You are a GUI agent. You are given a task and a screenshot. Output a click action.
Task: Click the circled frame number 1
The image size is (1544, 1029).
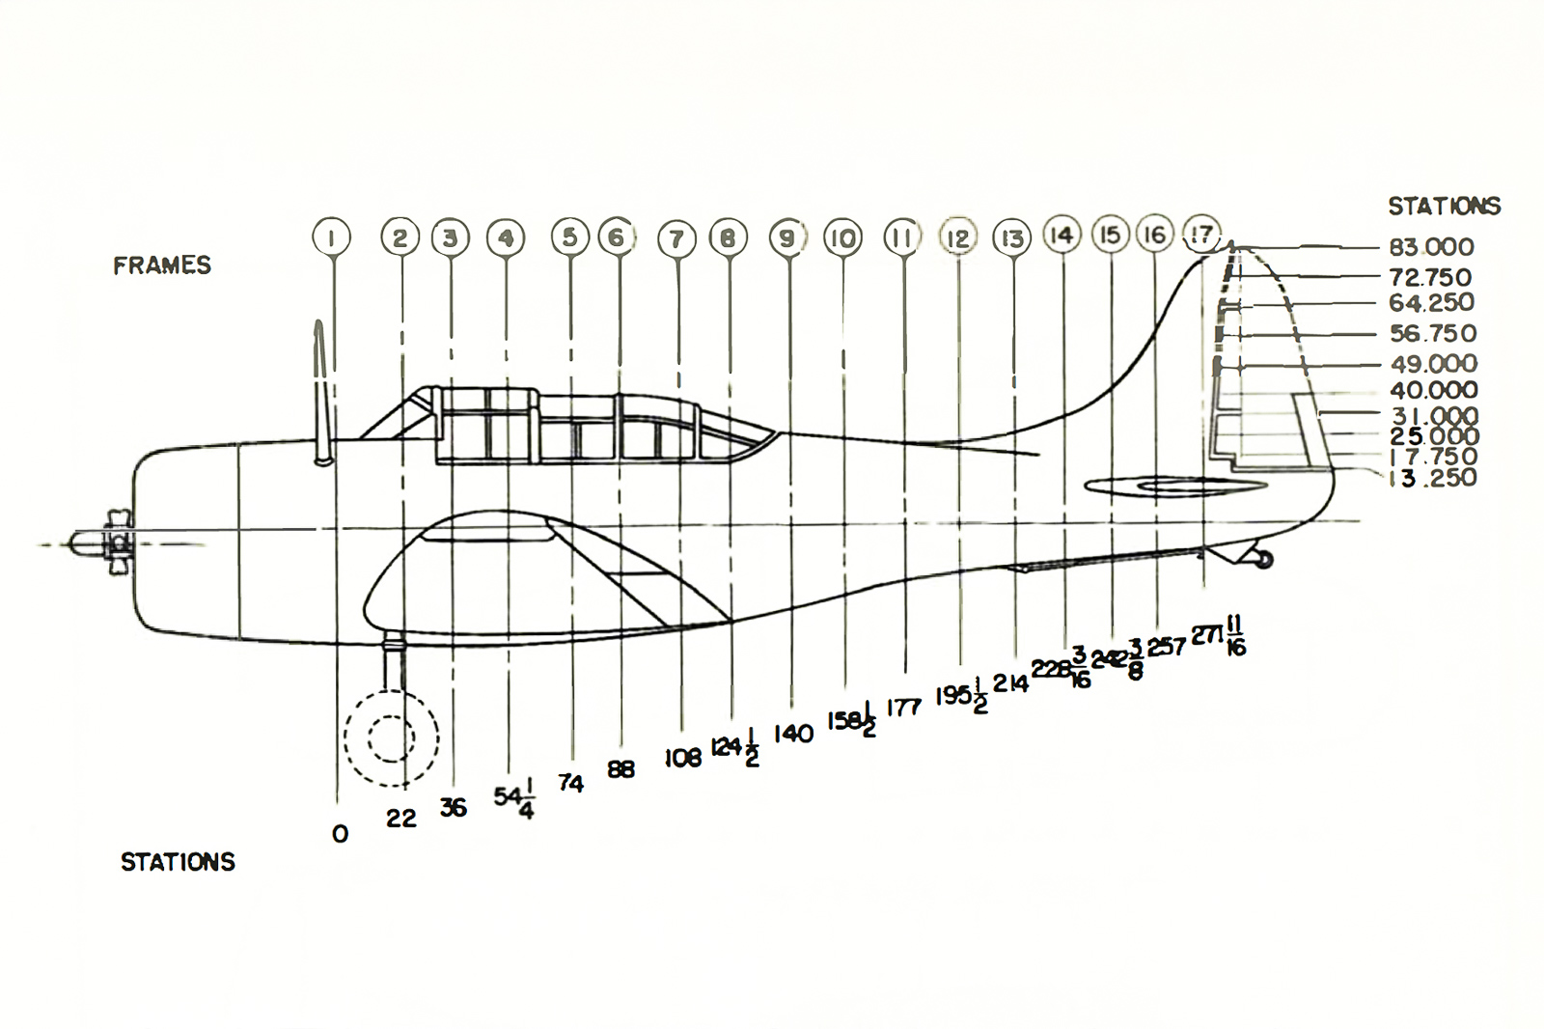(x=332, y=236)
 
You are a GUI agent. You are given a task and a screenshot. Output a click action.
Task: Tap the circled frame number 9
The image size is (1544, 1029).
(x=788, y=237)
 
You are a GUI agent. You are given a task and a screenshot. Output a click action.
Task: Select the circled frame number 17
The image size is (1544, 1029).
(x=1201, y=235)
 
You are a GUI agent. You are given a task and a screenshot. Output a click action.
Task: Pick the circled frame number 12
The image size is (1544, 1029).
(x=958, y=237)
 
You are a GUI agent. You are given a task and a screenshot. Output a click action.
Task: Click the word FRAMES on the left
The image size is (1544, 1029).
(x=162, y=265)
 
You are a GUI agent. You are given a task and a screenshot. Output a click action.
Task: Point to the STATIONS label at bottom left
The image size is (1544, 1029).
(x=178, y=862)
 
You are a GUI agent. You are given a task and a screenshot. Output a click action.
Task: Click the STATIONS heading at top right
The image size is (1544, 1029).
(x=1444, y=206)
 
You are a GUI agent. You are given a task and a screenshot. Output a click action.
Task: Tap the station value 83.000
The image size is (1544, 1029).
(x=1431, y=247)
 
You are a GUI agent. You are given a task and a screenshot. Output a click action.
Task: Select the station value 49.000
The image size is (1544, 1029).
(x=1433, y=364)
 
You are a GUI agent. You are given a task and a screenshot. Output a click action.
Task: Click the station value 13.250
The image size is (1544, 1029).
(x=1433, y=478)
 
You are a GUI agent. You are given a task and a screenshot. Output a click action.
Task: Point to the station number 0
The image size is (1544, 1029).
(x=340, y=834)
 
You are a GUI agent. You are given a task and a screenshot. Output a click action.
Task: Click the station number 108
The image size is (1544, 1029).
(x=682, y=759)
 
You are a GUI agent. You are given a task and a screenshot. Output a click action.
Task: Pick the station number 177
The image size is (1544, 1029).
(x=904, y=708)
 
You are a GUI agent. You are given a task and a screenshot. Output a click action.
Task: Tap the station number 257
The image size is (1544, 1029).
(x=1167, y=647)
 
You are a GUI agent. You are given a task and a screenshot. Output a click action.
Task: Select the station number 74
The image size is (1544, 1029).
(x=570, y=783)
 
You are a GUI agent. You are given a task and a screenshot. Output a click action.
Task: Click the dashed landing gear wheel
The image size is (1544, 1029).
(x=392, y=738)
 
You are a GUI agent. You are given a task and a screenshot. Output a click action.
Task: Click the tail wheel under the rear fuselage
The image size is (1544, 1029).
(x=1262, y=559)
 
